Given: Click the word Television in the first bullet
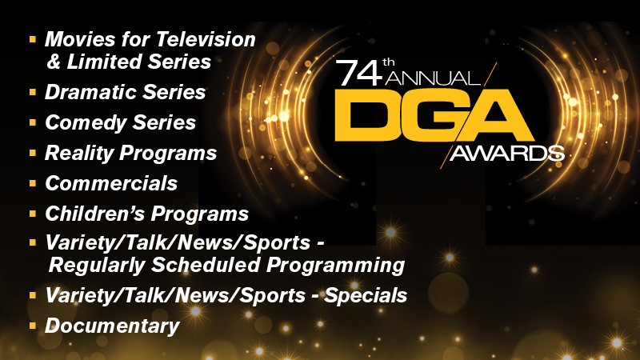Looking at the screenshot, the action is (x=206, y=39).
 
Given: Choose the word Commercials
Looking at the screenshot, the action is (x=111, y=184).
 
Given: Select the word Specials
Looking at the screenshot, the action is (x=366, y=295).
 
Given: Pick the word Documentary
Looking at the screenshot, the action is (x=112, y=326).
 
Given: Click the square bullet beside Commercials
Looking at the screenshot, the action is (x=33, y=184).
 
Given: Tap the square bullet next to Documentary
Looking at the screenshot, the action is (x=33, y=326).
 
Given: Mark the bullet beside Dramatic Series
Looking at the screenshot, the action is (x=33, y=92).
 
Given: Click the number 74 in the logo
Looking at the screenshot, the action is (x=359, y=73).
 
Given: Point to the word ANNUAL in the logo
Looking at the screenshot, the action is (x=433, y=78).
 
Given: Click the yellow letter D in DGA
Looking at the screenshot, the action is (x=362, y=115).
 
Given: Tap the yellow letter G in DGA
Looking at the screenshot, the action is (x=422, y=115).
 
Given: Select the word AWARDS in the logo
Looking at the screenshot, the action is (x=507, y=154).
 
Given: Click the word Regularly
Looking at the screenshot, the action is (x=97, y=266).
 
